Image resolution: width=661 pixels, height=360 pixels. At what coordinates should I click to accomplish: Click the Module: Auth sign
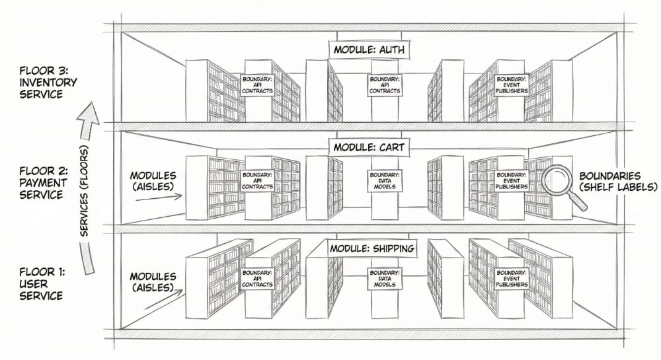pyautogui.click(x=369, y=50)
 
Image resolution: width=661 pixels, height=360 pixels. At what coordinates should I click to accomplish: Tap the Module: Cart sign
pyautogui.click(x=369, y=147)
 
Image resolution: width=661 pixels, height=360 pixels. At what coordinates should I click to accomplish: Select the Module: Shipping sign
pyautogui.click(x=371, y=248)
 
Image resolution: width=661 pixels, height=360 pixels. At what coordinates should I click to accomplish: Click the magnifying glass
pyautogui.click(x=563, y=188)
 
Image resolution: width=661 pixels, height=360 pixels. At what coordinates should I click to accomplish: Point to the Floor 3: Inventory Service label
pyautogui.click(x=48, y=83)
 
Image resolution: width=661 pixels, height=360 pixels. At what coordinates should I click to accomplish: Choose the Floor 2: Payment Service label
pyautogui.click(x=44, y=183)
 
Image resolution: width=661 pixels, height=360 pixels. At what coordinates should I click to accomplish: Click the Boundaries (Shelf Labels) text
pyautogui.click(x=618, y=182)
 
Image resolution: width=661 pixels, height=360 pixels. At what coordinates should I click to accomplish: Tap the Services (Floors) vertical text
pyautogui.click(x=85, y=191)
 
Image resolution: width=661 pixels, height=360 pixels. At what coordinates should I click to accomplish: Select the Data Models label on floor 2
pyautogui.click(x=385, y=180)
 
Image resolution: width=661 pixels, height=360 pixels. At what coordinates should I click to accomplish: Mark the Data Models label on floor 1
pyautogui.click(x=385, y=279)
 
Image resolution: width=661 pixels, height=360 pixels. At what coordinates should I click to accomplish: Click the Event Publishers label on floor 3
pyautogui.click(x=512, y=85)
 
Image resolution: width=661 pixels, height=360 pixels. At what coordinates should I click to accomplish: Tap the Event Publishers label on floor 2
pyautogui.click(x=512, y=180)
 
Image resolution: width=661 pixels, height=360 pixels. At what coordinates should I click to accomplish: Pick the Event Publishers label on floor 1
pyautogui.click(x=512, y=279)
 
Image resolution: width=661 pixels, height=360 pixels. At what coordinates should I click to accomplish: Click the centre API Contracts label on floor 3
pyautogui.click(x=385, y=85)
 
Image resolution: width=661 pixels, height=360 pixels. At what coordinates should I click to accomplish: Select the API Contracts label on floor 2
pyautogui.click(x=258, y=180)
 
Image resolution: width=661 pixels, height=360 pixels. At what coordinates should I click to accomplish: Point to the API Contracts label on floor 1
pyautogui.click(x=258, y=279)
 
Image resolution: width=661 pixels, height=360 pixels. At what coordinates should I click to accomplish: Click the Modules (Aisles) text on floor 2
pyautogui.click(x=153, y=181)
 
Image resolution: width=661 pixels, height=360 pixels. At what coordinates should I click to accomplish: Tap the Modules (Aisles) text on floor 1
pyautogui.click(x=153, y=282)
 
